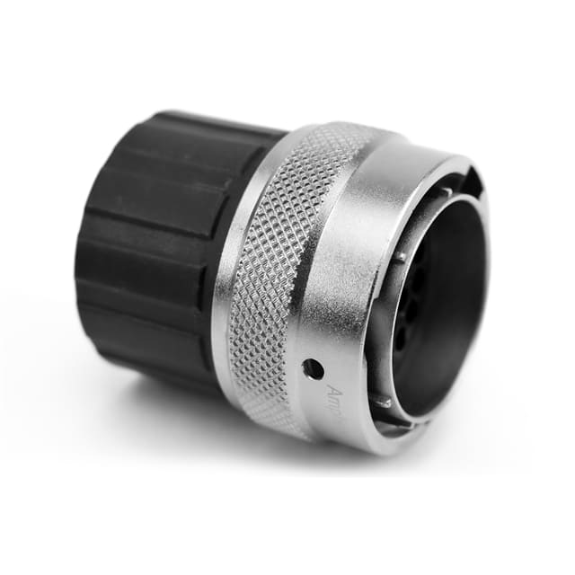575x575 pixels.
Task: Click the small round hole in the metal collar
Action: click(x=313, y=367)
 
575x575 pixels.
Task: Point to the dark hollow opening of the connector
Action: click(x=440, y=296)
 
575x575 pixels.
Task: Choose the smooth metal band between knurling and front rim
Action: click(x=346, y=270)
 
